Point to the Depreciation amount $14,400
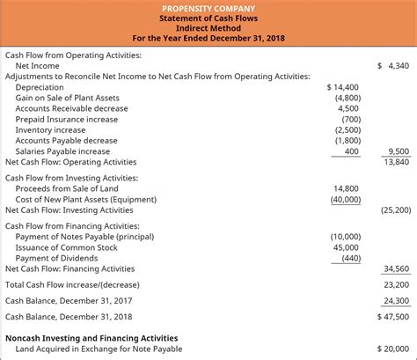tap(343, 87)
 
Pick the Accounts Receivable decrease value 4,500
tap(348, 108)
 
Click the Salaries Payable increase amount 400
tap(352, 151)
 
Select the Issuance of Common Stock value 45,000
tap(346, 247)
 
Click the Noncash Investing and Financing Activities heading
tap(91, 338)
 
